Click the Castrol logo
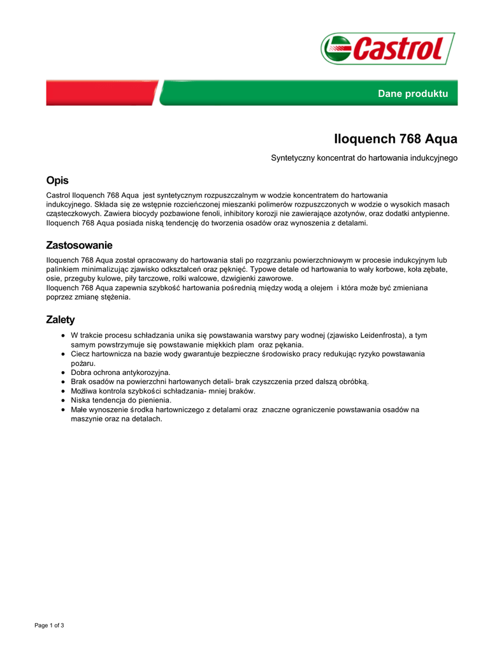[387, 48]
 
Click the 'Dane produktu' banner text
[413, 94]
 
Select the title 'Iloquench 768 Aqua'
[396, 138]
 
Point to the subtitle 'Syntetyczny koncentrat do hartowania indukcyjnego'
[364, 158]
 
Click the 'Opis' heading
[57, 180]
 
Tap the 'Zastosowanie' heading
[79, 246]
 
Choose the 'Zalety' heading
[61, 319]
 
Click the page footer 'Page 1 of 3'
[49, 625]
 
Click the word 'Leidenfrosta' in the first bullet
[383, 335]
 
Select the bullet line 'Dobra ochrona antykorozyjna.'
[120, 372]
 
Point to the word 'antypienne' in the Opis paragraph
[428, 214]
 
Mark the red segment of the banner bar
[102, 93]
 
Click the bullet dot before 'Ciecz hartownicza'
[63, 353]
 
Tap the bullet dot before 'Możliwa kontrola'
[63, 391]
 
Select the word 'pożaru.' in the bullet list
[83, 363]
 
